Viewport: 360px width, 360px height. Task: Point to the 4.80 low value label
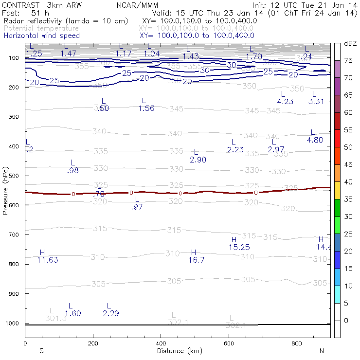(x=315, y=140)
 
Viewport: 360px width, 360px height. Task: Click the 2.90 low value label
(x=198, y=160)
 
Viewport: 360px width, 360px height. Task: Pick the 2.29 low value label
(x=111, y=313)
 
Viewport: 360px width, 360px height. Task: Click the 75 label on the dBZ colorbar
(x=348, y=60)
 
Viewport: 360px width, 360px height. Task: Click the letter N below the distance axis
(x=322, y=351)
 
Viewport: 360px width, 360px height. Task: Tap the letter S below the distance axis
(x=41, y=351)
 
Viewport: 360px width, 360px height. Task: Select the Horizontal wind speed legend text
(x=41, y=36)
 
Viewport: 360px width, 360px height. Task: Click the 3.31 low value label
(x=316, y=102)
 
